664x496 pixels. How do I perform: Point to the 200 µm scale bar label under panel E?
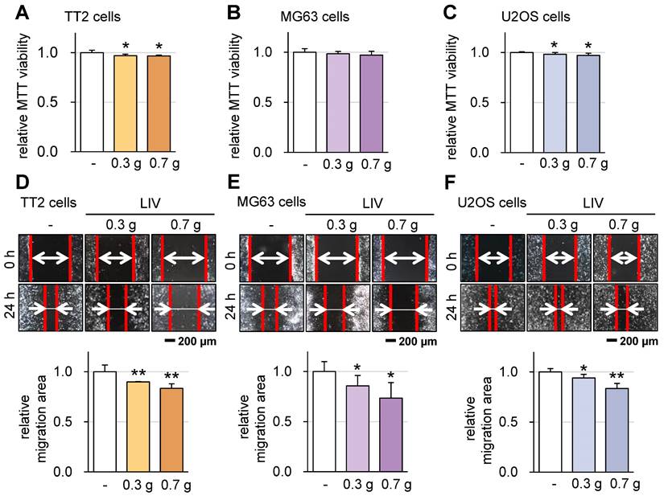point(419,342)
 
